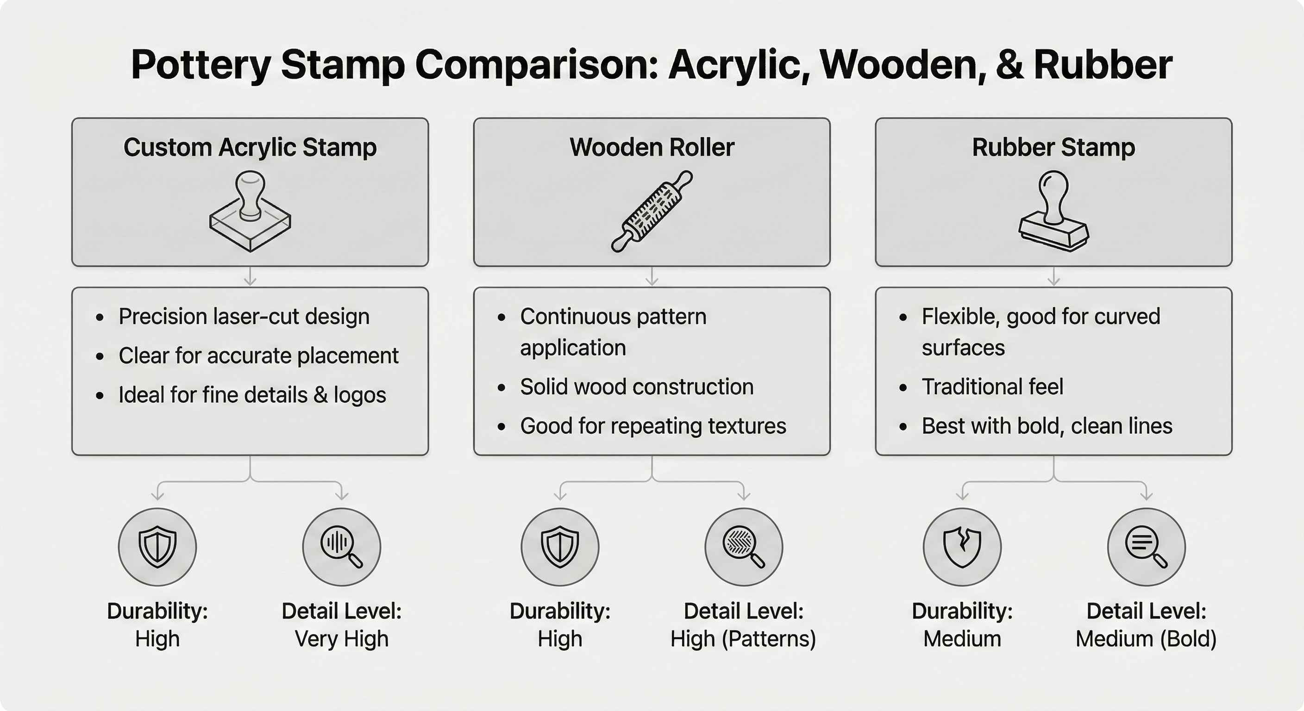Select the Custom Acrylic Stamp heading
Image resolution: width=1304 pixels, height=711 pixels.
(x=250, y=148)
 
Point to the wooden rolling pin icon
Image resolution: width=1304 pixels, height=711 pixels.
(x=652, y=211)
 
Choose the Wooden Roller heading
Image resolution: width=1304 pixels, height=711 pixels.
(x=652, y=148)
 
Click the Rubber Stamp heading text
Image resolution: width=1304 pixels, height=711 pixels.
(x=1053, y=148)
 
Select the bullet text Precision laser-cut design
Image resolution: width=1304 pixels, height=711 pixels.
(x=244, y=317)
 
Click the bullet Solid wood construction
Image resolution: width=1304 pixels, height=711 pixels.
(x=636, y=387)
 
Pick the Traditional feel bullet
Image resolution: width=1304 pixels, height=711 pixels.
(x=992, y=387)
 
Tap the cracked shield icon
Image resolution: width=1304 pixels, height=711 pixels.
(x=962, y=547)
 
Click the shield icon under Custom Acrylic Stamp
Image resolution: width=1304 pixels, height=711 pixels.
(x=157, y=547)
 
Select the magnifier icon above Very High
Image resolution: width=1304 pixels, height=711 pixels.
(x=342, y=547)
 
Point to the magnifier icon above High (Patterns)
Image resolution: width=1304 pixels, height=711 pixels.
(x=744, y=547)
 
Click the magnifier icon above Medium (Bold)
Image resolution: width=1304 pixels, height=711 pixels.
(x=1146, y=547)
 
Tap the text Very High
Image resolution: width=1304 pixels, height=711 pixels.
(x=342, y=639)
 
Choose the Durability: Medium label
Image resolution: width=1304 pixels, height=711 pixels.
(x=962, y=625)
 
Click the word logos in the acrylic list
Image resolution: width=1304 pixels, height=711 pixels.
(x=359, y=395)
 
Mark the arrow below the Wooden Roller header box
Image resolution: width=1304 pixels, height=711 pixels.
(x=652, y=277)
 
